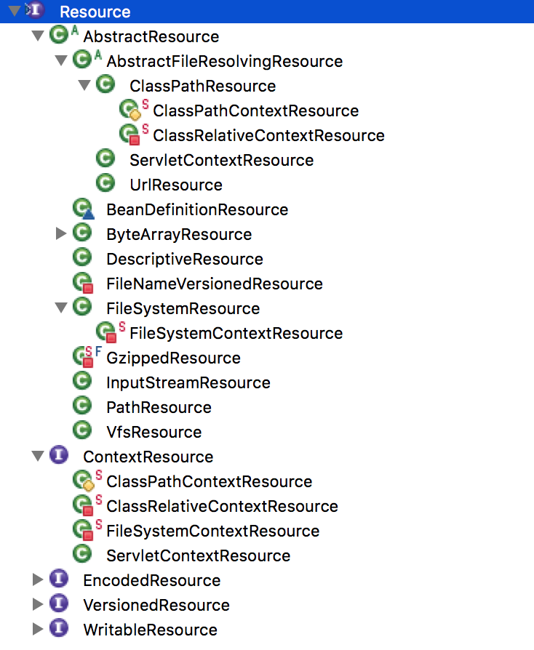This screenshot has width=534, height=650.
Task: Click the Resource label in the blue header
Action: [x=95, y=12]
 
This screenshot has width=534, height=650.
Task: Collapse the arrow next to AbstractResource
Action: [x=38, y=36]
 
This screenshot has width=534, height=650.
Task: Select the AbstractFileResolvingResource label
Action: [x=225, y=61]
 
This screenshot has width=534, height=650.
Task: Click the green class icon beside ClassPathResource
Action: [x=105, y=84]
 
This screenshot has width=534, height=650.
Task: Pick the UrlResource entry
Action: [x=176, y=185]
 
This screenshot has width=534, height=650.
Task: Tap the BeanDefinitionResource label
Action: [x=197, y=209]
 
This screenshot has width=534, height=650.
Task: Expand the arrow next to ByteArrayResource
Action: [x=61, y=234]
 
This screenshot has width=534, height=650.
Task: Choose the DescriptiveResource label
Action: [x=185, y=259]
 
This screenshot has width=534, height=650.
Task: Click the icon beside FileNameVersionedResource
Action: [x=83, y=283]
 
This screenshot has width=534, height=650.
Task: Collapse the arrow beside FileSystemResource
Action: [x=61, y=308]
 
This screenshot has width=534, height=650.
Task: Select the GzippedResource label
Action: [x=173, y=358]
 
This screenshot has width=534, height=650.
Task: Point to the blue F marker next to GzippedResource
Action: [x=98, y=351]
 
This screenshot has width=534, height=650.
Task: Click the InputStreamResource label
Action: [x=188, y=382]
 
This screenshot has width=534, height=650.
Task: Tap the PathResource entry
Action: [x=159, y=407]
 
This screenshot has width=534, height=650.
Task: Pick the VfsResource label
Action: [x=154, y=433]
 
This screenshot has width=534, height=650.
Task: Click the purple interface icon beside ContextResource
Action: [x=59, y=455]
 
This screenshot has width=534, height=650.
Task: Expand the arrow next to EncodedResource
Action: [x=38, y=579]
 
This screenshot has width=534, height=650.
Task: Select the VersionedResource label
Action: [x=156, y=605]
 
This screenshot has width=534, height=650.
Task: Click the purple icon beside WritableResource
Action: [x=59, y=628]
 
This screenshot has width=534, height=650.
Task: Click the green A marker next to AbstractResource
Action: [x=75, y=31]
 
